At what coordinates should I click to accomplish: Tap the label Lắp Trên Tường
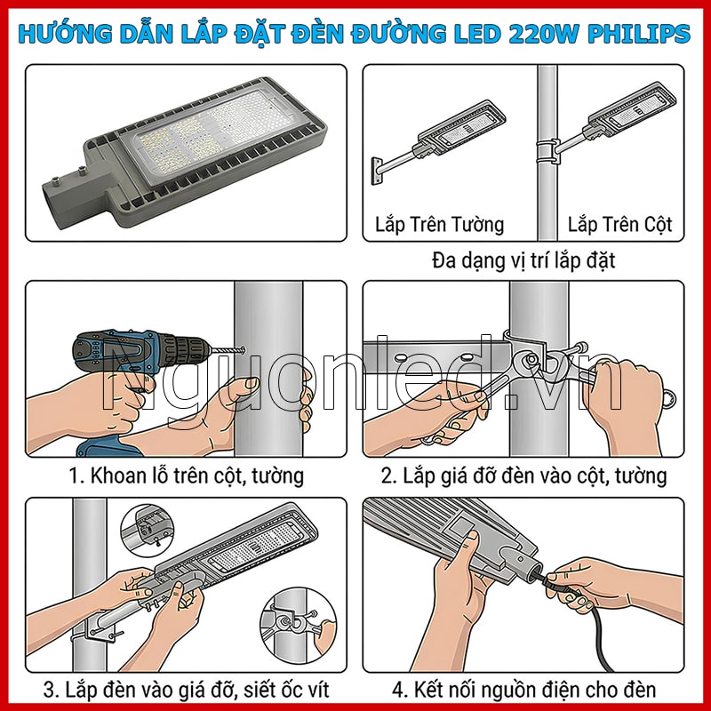click(439, 223)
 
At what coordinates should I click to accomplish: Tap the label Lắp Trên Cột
click(620, 223)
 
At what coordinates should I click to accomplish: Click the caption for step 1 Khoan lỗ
click(186, 475)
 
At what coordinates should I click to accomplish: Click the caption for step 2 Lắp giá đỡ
click(523, 475)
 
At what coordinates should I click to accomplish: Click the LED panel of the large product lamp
click(204, 133)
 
